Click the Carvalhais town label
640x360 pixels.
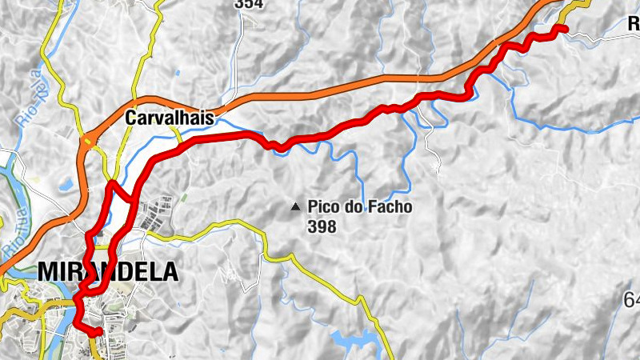(x=170, y=118)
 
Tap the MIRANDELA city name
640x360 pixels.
(x=107, y=272)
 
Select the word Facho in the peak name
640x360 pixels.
(x=386, y=208)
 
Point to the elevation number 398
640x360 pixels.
(x=322, y=226)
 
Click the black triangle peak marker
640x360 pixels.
(x=296, y=207)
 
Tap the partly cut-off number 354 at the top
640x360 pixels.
(x=248, y=4)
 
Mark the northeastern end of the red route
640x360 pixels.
(x=565, y=29)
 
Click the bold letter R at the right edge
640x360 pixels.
(x=633, y=24)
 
